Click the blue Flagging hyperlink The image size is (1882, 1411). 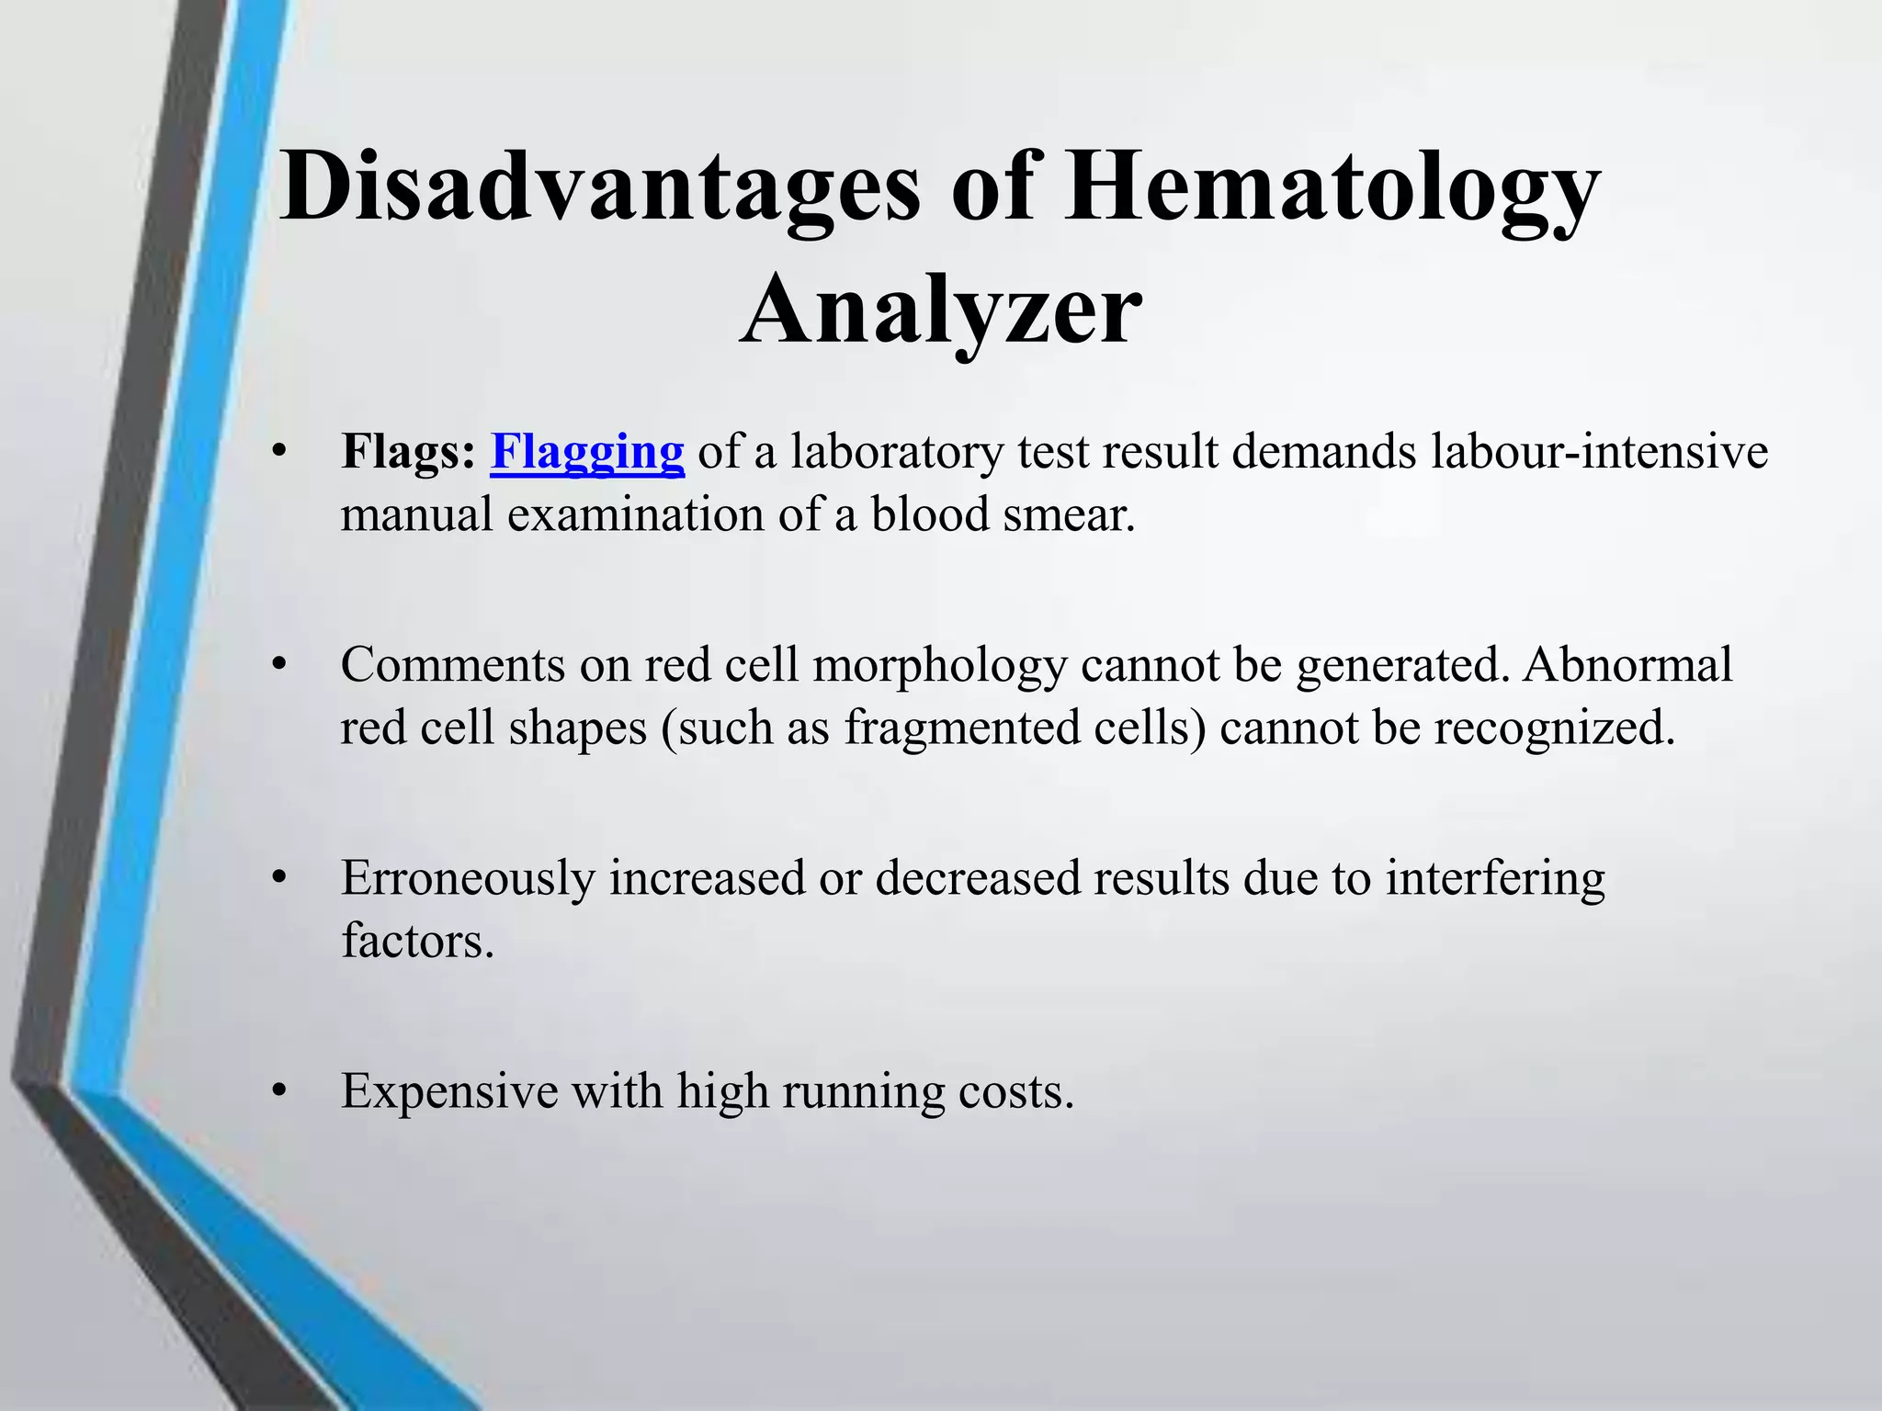coord(587,452)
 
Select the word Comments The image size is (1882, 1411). coord(452,665)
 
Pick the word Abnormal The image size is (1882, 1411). coord(1627,665)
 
